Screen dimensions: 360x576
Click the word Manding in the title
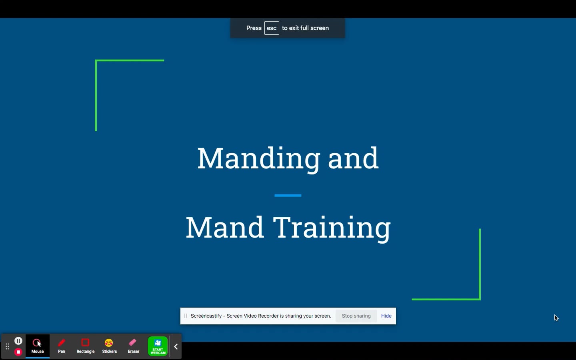pyautogui.click(x=258, y=158)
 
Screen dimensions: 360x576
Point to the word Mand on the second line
pyautogui.click(x=224, y=228)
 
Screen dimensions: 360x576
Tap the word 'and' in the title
pyautogui.click(x=353, y=158)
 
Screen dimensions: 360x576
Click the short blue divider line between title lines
pyautogui.click(x=288, y=196)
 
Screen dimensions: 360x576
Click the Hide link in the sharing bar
pyautogui.click(x=386, y=316)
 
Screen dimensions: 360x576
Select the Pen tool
pyautogui.click(x=62, y=346)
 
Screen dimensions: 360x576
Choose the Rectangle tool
pyautogui.click(x=85, y=346)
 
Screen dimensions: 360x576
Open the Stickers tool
pyautogui.click(x=109, y=346)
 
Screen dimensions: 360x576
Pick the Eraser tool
pyautogui.click(x=133, y=346)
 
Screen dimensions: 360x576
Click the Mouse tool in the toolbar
pyautogui.click(x=38, y=346)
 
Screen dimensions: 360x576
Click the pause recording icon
pyautogui.click(x=18, y=341)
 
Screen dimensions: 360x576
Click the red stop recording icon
pyautogui.click(x=18, y=352)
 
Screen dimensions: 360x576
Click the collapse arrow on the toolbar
pyautogui.click(x=176, y=347)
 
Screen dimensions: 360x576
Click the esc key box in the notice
pyautogui.click(x=272, y=28)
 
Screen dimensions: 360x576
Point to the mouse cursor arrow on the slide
pyautogui.click(x=556, y=318)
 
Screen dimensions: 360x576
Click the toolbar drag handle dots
pyautogui.click(x=7, y=346)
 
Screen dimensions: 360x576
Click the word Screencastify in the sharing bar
pyautogui.click(x=206, y=316)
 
